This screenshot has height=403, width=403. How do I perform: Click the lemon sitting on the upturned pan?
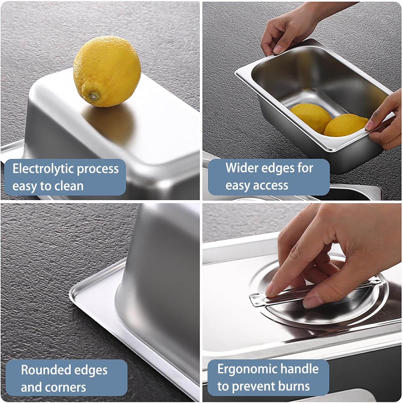click(107, 72)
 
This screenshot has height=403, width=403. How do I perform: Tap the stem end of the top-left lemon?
click(94, 95)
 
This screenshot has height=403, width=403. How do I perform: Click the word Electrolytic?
click(43, 169)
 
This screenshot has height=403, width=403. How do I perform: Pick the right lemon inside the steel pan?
click(345, 125)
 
